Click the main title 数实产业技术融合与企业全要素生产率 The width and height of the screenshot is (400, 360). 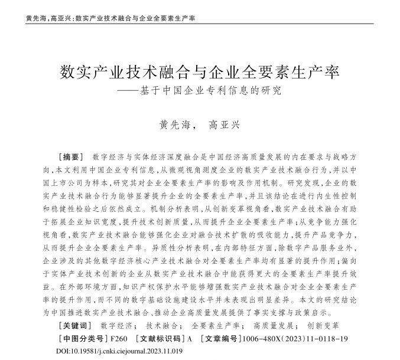pyautogui.click(x=200, y=73)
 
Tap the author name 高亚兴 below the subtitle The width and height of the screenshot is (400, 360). pyautogui.click(x=226, y=125)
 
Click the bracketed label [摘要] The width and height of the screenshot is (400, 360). pyautogui.click(x=73, y=157)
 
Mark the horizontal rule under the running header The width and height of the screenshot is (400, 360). pyautogui.click(x=200, y=24)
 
